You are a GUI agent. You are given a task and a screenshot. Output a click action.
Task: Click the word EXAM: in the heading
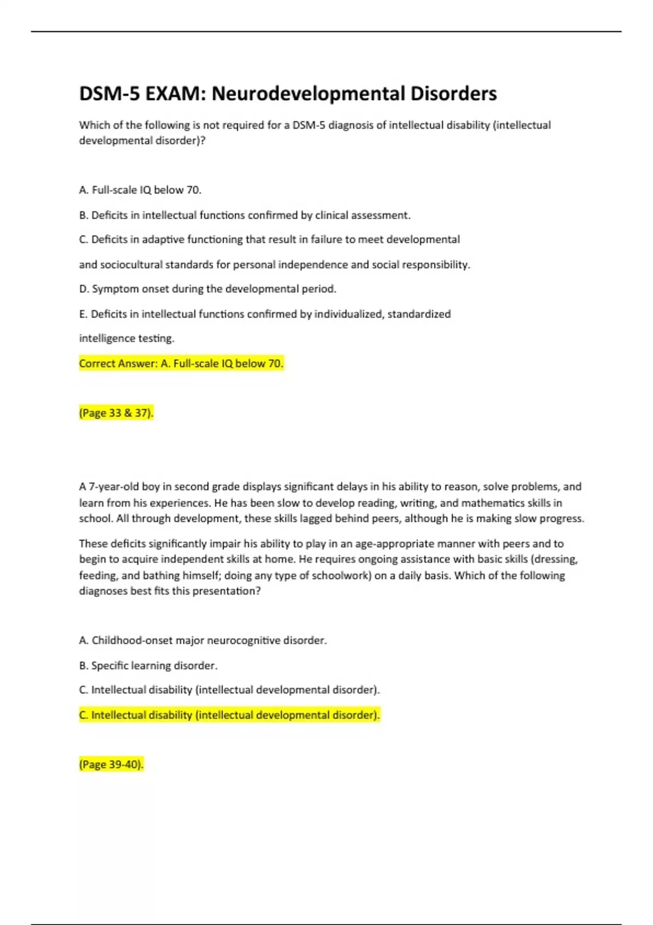[x=175, y=94]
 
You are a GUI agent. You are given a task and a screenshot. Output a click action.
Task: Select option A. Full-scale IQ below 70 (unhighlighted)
[x=140, y=190]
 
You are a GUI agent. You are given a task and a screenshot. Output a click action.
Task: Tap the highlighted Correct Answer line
[x=181, y=363]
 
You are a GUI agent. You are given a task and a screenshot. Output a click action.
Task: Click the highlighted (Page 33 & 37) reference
[x=116, y=413]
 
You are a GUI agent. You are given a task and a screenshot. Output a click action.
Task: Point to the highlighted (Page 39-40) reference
[x=111, y=764]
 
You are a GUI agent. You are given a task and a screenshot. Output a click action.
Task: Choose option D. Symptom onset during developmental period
[x=208, y=289]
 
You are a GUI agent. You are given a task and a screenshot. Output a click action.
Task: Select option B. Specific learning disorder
[x=148, y=665]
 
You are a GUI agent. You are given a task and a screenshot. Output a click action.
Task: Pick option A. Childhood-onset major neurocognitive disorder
[x=202, y=640]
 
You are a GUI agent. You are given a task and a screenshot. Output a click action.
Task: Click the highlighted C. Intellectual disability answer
[x=229, y=715]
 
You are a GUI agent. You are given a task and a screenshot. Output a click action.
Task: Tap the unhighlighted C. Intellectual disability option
[x=229, y=690]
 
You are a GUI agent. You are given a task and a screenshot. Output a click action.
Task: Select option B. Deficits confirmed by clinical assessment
[x=245, y=215]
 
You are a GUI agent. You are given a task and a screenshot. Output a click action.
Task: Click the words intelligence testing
[x=127, y=338]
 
